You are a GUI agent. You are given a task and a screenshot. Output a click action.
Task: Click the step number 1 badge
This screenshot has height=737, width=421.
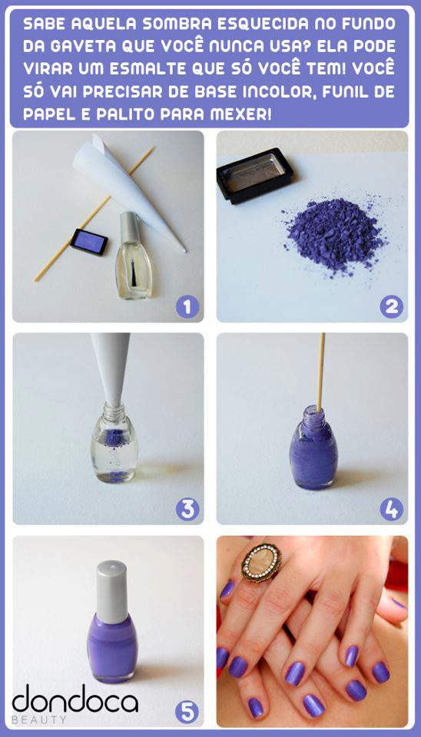click(x=187, y=307)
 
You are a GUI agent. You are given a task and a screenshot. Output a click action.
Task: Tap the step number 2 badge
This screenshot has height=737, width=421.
click(x=391, y=307)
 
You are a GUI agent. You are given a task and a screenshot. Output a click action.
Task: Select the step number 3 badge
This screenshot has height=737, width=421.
click(x=187, y=508)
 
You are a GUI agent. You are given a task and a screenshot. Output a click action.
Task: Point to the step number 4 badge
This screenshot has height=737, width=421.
click(x=391, y=508)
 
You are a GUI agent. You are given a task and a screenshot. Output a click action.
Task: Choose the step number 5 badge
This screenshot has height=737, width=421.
click(x=187, y=711)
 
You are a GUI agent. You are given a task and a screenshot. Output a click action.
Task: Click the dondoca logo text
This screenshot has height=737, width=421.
click(x=75, y=700)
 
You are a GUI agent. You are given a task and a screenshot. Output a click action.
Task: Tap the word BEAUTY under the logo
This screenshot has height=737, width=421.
click(x=39, y=720)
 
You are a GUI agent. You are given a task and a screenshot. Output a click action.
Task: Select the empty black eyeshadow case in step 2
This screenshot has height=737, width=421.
click(x=254, y=174)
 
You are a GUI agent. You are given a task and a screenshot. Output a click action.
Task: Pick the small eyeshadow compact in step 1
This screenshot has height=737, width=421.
click(x=88, y=241)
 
